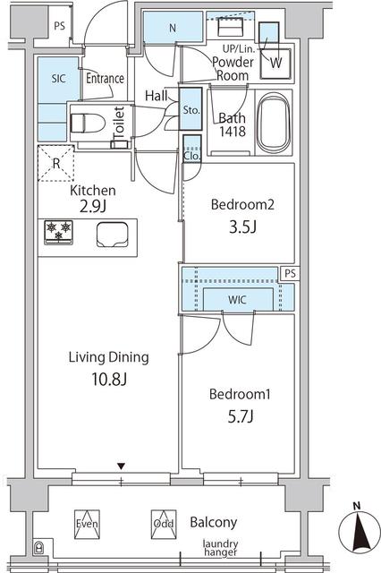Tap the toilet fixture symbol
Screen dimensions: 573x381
[x=88, y=121]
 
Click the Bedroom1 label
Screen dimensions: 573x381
[x=238, y=394]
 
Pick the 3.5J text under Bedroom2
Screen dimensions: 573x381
[x=241, y=227]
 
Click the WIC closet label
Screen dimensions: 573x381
[x=238, y=297]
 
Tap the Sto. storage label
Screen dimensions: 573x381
[x=190, y=110]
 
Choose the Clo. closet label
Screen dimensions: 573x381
[x=190, y=153]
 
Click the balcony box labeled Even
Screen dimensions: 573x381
[x=86, y=523]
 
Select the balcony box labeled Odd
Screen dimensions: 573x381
[x=163, y=523]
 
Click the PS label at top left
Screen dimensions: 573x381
[x=59, y=26]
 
